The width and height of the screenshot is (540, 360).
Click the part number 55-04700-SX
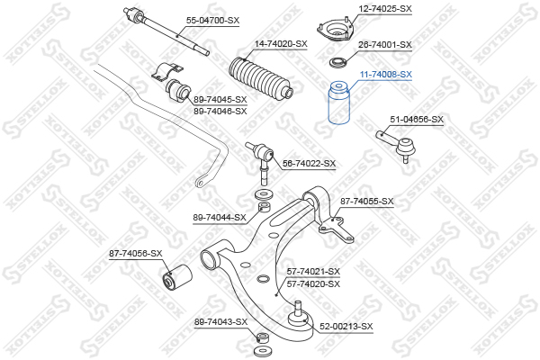point(212,21)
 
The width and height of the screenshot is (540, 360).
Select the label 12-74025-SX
point(385,9)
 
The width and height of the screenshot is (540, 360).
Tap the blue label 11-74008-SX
point(386,75)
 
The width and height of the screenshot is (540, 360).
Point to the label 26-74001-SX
point(385,45)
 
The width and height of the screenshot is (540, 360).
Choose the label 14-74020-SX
point(281,44)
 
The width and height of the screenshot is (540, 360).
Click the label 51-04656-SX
point(417,120)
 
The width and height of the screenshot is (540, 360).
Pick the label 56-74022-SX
point(309,164)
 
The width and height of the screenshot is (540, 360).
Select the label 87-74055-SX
point(367,202)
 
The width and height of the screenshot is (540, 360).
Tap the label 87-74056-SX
point(136,254)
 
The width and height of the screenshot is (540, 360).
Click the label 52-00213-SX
point(346,326)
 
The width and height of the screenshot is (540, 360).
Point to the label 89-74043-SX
point(220,322)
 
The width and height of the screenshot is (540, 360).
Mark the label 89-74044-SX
point(220,218)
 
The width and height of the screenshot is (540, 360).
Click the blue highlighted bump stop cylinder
point(339,103)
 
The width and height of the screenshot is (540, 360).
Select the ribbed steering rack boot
point(261,77)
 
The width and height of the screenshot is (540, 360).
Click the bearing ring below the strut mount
point(339,62)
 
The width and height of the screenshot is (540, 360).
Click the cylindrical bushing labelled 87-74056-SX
point(177,277)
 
